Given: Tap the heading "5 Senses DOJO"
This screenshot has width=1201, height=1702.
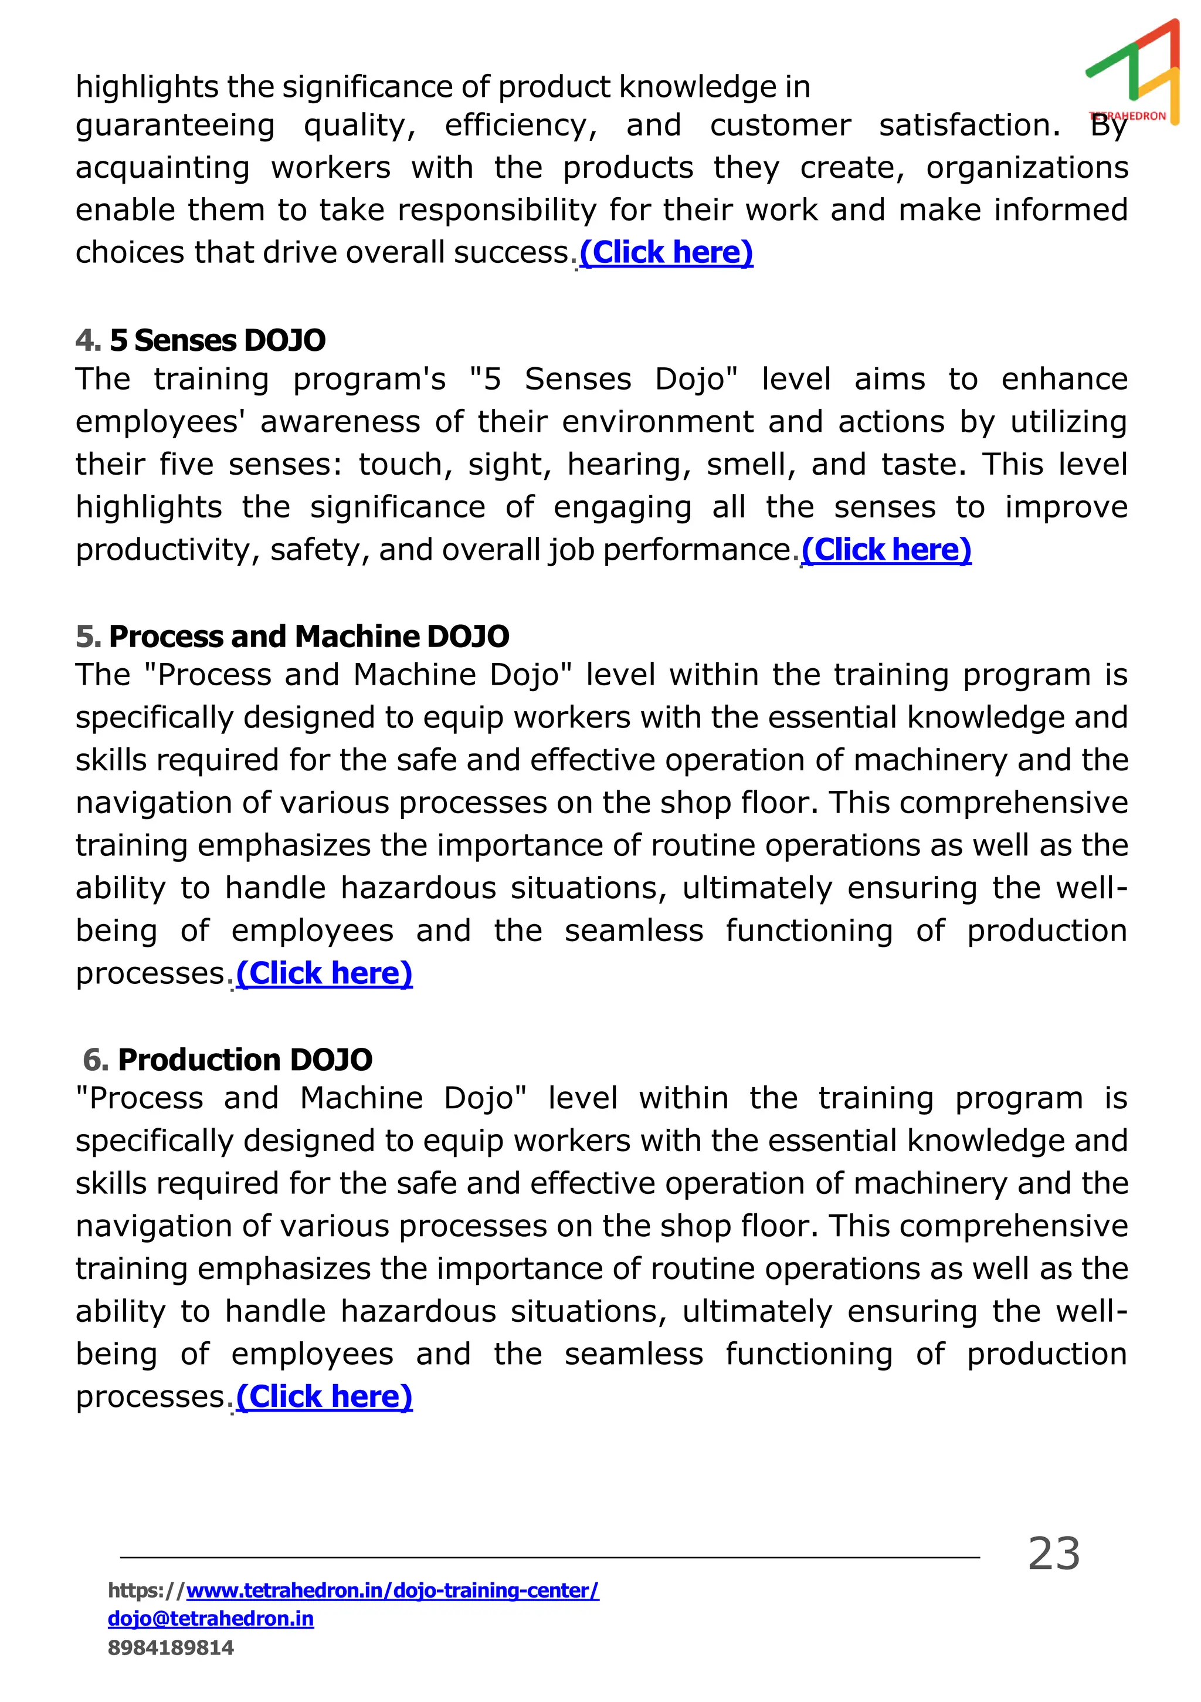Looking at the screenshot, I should [217, 340].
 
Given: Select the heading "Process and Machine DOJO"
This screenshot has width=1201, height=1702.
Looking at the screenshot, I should [309, 636].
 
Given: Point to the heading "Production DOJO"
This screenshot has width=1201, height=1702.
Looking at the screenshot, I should [245, 1060].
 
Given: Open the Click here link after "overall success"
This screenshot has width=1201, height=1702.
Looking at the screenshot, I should [666, 253].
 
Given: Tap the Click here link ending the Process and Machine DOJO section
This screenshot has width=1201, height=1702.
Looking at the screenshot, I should [324, 973].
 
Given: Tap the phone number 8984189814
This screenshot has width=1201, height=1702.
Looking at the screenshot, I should [171, 1648].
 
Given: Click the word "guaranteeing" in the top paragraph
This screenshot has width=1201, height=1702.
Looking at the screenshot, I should [175, 126].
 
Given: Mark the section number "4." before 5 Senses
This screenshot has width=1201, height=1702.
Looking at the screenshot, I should [87, 340].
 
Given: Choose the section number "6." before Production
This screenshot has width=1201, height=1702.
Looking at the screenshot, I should [96, 1060].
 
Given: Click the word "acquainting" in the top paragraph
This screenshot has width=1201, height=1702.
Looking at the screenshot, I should [162, 168].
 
